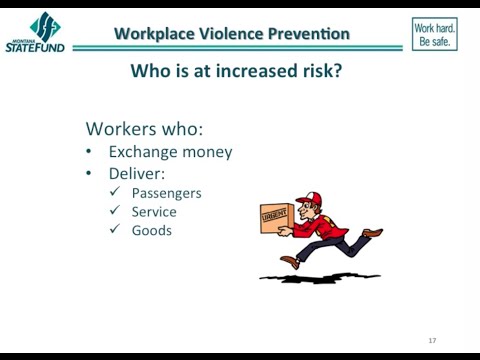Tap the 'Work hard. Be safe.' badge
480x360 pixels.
(x=434, y=34)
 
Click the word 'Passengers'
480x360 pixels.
(x=166, y=192)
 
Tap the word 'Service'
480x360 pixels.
(x=154, y=211)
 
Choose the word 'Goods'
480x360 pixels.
(x=152, y=230)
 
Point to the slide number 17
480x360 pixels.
(x=432, y=341)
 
